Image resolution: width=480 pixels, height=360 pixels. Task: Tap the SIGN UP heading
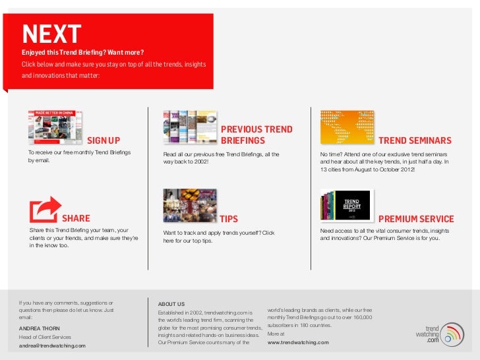[104, 140]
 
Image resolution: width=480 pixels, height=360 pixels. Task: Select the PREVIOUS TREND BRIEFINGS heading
[256, 135]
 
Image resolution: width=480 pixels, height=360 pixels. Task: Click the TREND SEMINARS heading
[415, 140]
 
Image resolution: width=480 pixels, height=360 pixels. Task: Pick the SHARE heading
[76, 219]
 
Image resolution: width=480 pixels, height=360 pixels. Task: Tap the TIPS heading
[228, 219]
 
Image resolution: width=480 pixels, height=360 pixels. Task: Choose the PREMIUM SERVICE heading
[416, 219]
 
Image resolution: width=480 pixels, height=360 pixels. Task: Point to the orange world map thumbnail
[347, 127]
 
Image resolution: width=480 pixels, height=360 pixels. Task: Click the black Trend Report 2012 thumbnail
[347, 204]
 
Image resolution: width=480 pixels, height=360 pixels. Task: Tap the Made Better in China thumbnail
[59, 127]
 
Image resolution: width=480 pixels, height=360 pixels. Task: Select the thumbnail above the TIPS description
[190, 205]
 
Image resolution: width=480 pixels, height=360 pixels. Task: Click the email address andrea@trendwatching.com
[52, 345]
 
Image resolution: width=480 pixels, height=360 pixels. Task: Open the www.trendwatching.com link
[298, 343]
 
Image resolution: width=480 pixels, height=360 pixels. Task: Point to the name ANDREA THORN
[40, 328]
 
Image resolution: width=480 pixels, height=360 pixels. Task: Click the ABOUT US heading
[171, 303]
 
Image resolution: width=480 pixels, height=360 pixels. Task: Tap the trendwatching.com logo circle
[452, 334]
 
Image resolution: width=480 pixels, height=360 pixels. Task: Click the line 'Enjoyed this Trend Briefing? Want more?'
[83, 52]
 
